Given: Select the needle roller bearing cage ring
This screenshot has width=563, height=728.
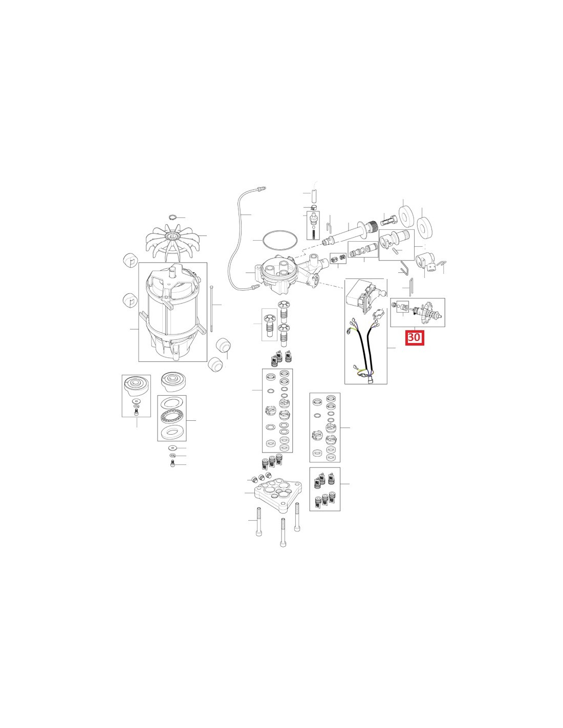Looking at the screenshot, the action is tap(172, 417).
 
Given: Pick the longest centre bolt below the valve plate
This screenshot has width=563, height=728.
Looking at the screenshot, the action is tap(284, 542).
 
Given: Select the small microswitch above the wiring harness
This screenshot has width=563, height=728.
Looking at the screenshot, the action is tap(378, 313).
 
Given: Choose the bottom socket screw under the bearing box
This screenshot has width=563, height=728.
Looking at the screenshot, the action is tap(172, 464).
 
